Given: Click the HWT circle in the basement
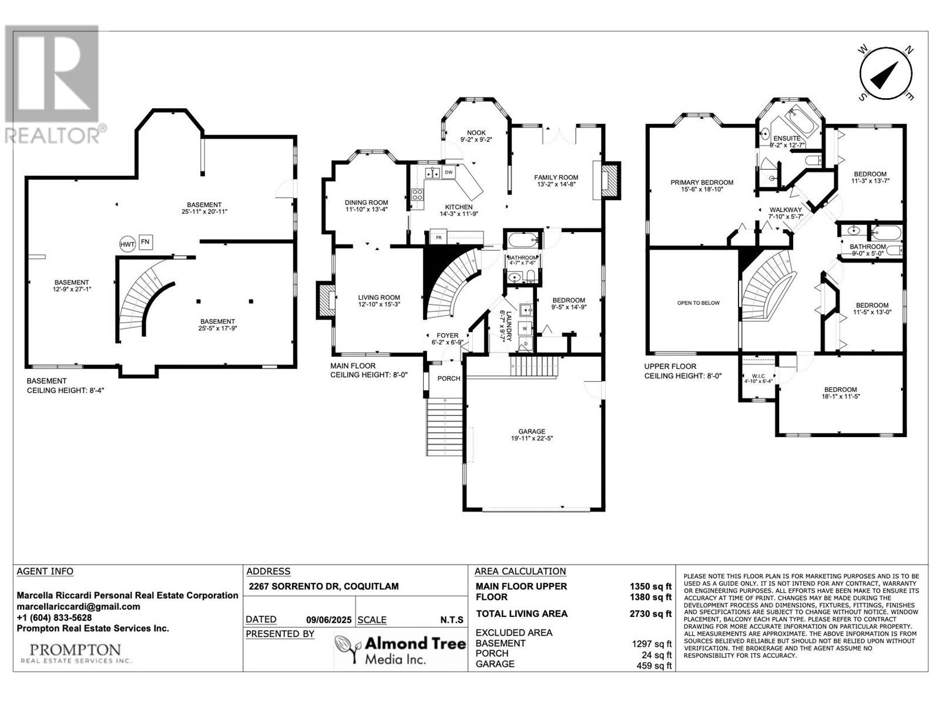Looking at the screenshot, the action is pos(127,244).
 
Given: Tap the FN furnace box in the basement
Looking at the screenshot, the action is pos(146,242).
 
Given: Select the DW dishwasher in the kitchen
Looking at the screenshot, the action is pos(448,173).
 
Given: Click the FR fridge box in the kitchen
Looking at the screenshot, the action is pos(438,237).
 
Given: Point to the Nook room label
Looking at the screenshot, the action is pos(476,133).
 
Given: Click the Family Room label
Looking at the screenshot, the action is pos(556,177).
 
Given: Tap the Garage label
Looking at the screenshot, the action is pos(532,431).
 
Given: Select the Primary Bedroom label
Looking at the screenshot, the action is pos(702,182).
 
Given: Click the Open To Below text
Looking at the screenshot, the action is pos(699,303).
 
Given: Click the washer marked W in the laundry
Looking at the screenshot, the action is pos(525,329).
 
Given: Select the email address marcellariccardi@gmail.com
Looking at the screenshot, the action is pos(78,606).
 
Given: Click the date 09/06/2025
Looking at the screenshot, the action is pos(328,620).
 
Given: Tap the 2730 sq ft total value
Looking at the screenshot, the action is pos(650,614).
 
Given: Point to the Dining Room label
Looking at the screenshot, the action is pos(367,203).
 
